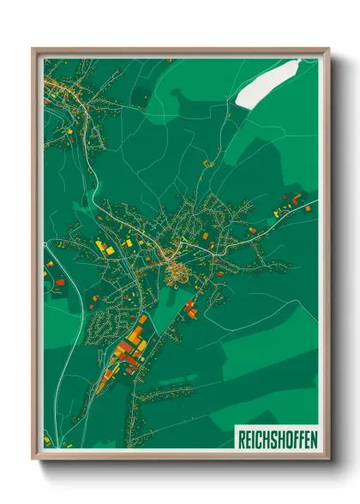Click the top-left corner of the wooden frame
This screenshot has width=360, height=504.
tap(33, 49)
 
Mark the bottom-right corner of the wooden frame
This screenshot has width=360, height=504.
tap(328, 459)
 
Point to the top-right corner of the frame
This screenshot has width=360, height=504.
tap(328, 49)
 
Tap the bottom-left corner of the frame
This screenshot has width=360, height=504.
tap(33, 459)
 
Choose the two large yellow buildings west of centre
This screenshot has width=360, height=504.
tap(103, 246)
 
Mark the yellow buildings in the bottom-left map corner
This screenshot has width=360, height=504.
tap(48, 441)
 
